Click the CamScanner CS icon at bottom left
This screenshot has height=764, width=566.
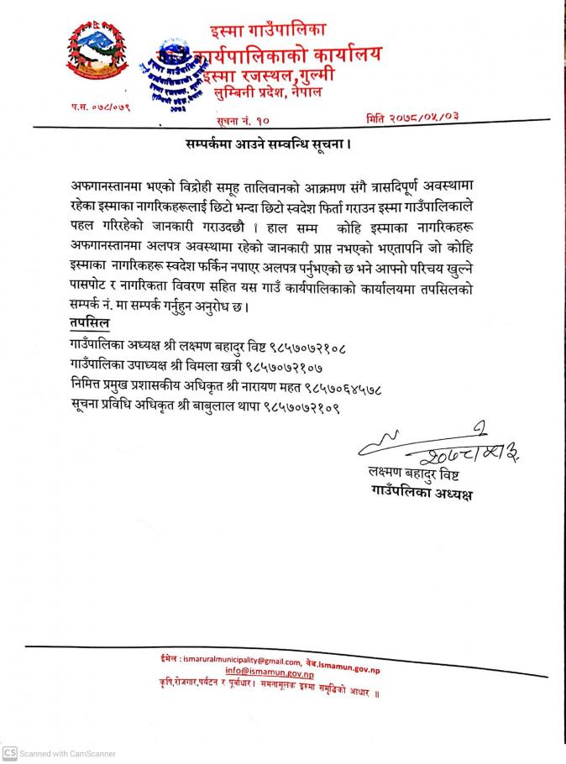[10, 753]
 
